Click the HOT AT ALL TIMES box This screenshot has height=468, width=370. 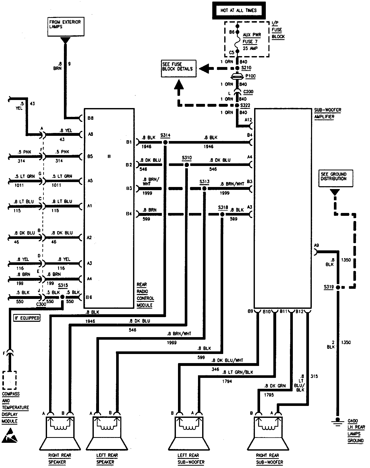click(239, 10)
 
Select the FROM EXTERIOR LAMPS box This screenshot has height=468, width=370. click(66, 26)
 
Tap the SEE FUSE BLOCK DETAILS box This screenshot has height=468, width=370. click(179, 69)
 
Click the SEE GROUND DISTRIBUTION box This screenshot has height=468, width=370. click(336, 178)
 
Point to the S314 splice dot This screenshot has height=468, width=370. click(165, 142)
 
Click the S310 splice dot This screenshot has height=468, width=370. click(186, 165)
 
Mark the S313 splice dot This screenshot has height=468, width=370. click(204, 188)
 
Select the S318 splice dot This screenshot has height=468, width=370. click(222, 214)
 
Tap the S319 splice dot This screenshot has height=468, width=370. click(338, 287)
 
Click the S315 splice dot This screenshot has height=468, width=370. click(62, 297)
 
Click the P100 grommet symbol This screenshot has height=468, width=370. click(237, 76)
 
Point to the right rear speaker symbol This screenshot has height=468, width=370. click(60, 432)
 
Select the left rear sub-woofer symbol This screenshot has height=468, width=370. click(189, 432)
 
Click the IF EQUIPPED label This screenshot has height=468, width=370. click(27, 318)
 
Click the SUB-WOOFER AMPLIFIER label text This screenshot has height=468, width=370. click(327, 113)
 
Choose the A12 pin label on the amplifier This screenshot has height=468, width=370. click(248, 120)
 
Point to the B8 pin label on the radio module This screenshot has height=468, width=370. click(90, 118)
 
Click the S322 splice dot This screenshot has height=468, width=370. click(237, 105)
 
